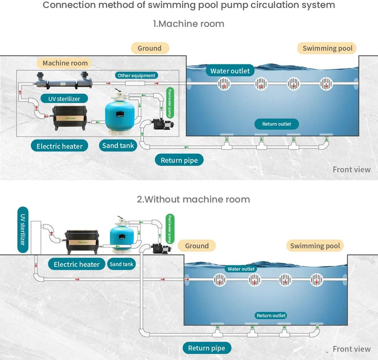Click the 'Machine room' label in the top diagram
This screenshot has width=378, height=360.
click(65, 63)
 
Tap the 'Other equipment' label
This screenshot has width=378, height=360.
click(137, 75)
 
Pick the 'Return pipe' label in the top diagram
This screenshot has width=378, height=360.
click(179, 160)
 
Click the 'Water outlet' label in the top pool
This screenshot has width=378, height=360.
click(230, 71)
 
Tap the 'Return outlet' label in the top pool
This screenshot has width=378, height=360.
click(277, 124)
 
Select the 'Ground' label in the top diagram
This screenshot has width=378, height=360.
click(149, 48)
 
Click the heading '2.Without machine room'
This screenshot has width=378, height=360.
click(193, 199)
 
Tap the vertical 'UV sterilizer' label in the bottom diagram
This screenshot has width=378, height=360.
click(22, 229)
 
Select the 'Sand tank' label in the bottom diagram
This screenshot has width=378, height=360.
click(121, 264)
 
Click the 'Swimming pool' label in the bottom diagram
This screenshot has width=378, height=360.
click(315, 246)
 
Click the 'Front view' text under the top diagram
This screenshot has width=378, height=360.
click(352, 169)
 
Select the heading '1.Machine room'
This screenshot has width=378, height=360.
click(189, 24)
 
